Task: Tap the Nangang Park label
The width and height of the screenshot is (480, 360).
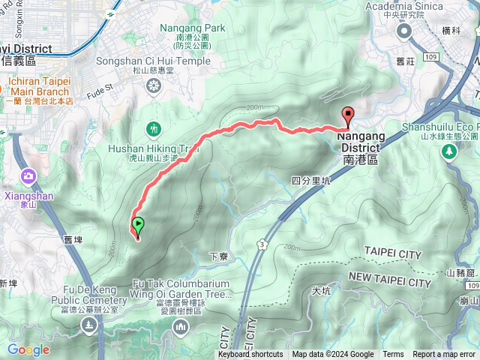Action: pyautogui.click(x=182, y=28)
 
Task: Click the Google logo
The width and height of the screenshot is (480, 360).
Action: pyautogui.click(x=28, y=349)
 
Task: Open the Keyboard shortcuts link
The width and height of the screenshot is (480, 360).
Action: pyautogui.click(x=250, y=355)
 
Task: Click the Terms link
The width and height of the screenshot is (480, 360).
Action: pyautogui.click(x=393, y=355)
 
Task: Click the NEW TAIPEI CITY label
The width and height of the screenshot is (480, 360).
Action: pyautogui.click(x=389, y=283)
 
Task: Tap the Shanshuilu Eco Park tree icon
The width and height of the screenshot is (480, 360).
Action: pyautogui.click(x=449, y=151)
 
